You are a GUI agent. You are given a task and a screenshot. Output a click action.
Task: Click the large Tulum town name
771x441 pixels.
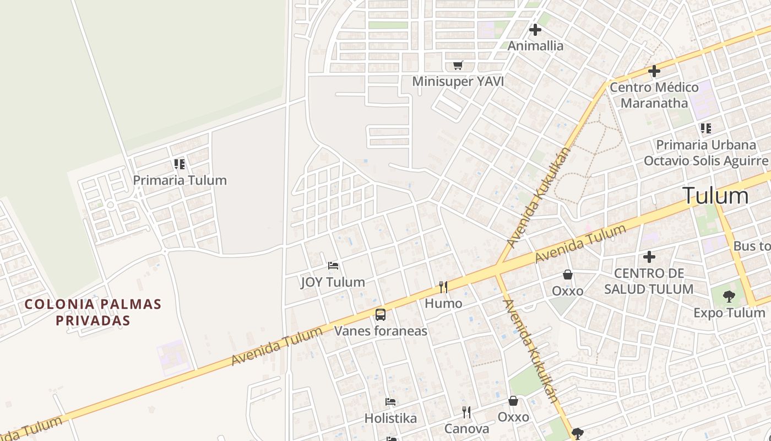[x=715, y=196]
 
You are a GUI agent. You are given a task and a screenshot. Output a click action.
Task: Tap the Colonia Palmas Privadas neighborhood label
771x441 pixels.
[x=93, y=312]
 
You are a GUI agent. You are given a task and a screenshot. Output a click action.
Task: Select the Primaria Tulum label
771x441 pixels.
[x=180, y=180]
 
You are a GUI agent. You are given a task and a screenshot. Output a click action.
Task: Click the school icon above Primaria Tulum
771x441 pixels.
[x=180, y=164]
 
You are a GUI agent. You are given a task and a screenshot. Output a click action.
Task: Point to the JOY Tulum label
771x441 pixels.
[x=333, y=282]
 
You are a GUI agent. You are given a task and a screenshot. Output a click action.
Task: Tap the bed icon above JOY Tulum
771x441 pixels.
[x=333, y=266]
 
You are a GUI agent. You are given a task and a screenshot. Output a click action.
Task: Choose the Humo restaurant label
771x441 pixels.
[x=443, y=303]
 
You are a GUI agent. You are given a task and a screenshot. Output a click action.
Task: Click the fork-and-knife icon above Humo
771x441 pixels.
[x=443, y=287]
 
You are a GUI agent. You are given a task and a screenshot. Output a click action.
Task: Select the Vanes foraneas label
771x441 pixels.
[x=381, y=331]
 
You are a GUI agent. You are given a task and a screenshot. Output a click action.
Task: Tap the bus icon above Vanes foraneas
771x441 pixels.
[x=381, y=315]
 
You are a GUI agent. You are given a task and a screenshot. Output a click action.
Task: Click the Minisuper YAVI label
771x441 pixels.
[x=458, y=82]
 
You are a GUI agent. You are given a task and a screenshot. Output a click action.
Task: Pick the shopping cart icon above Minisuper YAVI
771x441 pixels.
[x=458, y=66]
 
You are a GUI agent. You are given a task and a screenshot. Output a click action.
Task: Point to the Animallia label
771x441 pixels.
[x=535, y=46]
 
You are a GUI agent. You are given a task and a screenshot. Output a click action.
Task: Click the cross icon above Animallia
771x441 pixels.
[x=535, y=30]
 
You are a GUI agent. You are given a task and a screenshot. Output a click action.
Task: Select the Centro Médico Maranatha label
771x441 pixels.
[x=654, y=95]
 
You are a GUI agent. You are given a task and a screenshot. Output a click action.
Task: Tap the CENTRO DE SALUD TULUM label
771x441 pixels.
[x=649, y=281]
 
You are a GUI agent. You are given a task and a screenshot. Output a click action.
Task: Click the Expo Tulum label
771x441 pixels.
[x=729, y=313]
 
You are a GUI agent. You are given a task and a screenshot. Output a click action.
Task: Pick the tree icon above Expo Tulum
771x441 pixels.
[x=729, y=297]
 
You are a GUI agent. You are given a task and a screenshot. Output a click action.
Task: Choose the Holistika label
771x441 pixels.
[x=390, y=418]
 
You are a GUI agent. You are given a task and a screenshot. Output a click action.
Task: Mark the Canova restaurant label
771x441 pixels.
[x=466, y=429]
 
